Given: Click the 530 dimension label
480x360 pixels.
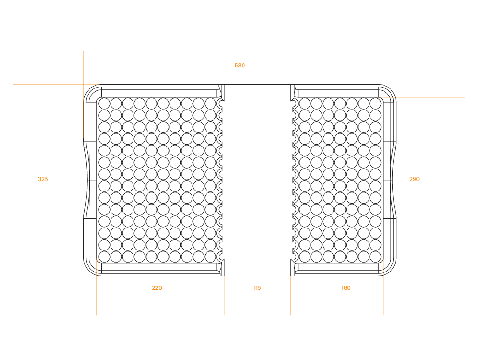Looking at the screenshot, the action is pos(240,66).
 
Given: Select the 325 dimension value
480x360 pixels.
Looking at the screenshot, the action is pos(43,179).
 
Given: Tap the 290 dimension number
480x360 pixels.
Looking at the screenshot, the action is pos(414,179).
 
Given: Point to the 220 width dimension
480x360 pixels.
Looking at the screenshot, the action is pos(157,288).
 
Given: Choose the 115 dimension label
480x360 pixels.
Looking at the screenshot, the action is pos(257,288).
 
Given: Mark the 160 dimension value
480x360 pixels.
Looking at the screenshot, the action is pos(346,288).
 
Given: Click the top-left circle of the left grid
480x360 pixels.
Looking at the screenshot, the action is pos(104,103).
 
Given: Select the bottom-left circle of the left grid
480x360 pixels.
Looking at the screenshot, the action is pos(104,257).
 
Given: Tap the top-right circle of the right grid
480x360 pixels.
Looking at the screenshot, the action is pos(375,103).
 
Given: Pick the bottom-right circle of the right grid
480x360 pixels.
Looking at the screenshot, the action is pos(375,257).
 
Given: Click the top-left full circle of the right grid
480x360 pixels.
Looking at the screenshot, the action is pos(304,103).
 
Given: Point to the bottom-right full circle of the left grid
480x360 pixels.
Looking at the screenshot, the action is pos(210,257).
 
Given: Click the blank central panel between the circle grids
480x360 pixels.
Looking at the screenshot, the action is pos(258,180).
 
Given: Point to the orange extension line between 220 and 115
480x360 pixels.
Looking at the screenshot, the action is pos(224,295).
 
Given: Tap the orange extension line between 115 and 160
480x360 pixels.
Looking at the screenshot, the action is pos(290,295).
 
